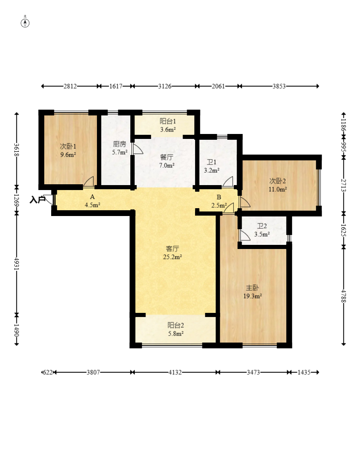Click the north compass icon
[x=25, y=23]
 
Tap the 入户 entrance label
[x=38, y=200]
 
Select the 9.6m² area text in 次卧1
[x=68, y=155]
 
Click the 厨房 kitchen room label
[x=120, y=144]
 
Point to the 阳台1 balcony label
[x=168, y=121]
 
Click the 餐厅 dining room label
[x=167, y=157]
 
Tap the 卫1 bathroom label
[x=212, y=162]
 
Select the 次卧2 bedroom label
[x=278, y=181]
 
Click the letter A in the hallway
[x=92, y=197]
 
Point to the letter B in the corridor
[x=219, y=197]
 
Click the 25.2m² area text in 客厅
[x=172, y=257]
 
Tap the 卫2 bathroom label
[x=262, y=226]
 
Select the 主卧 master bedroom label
[x=252, y=288]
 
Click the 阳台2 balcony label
[x=176, y=325]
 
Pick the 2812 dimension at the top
[x=70, y=86]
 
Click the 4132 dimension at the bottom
[x=175, y=372]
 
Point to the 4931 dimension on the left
[x=16, y=264]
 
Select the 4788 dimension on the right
[x=344, y=296]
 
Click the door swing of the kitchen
[x=137, y=149]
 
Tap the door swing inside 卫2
[x=245, y=235]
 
